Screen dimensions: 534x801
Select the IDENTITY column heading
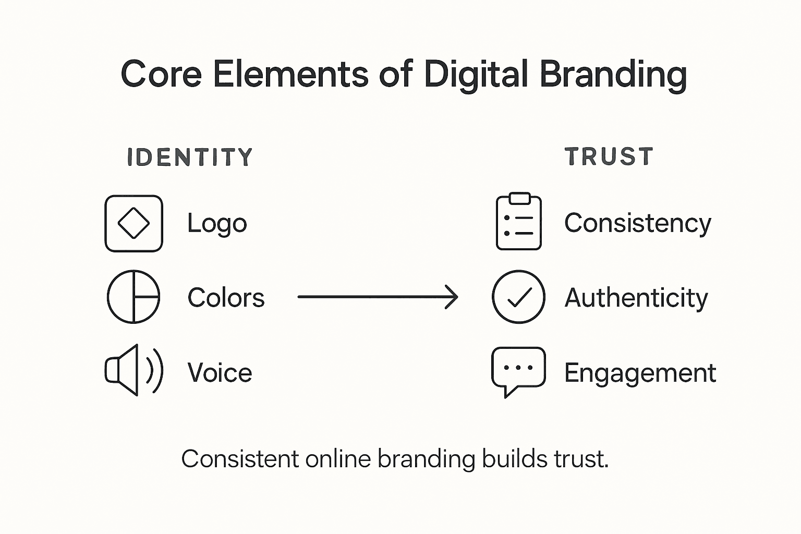point(190,157)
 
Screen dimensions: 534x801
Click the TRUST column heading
point(609,157)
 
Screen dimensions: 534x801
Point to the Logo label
point(217,224)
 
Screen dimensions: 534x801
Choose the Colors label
point(226,298)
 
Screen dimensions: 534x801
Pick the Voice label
point(220,373)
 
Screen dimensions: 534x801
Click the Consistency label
point(637,224)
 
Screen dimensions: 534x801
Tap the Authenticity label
point(636,298)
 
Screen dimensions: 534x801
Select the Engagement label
point(640,373)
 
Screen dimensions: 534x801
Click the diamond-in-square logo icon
point(134,224)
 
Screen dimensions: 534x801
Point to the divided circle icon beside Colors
point(133,297)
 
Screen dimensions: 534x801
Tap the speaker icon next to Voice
point(134,370)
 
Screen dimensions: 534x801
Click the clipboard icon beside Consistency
point(518,222)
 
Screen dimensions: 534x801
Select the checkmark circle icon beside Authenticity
point(518,297)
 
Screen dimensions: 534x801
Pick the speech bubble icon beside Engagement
point(518,370)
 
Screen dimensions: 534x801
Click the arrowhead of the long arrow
point(452,297)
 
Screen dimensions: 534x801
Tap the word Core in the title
point(161,74)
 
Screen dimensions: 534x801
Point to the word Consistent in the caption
point(240,459)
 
